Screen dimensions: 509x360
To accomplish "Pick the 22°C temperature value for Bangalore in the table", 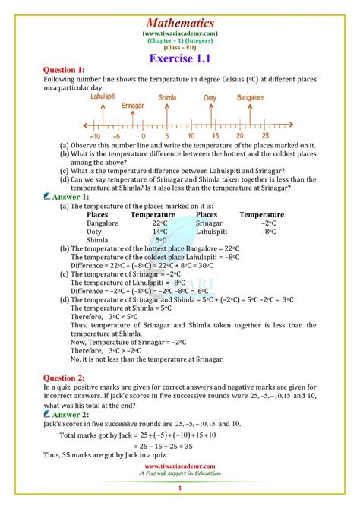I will point(159,224).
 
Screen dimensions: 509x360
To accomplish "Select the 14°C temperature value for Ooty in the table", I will point(159,232).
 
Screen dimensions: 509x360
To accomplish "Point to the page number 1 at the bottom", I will point(179,488).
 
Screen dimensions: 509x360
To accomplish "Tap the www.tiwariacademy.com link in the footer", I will point(179,466).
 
